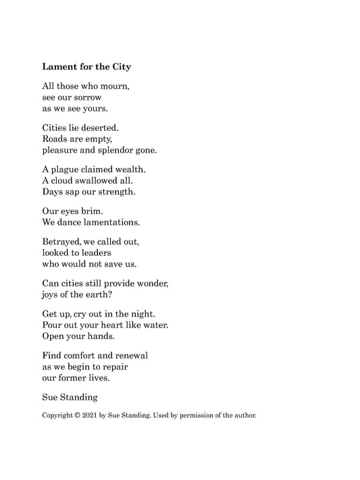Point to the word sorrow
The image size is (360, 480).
[x=84, y=97]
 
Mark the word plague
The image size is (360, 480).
[x=68, y=169]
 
